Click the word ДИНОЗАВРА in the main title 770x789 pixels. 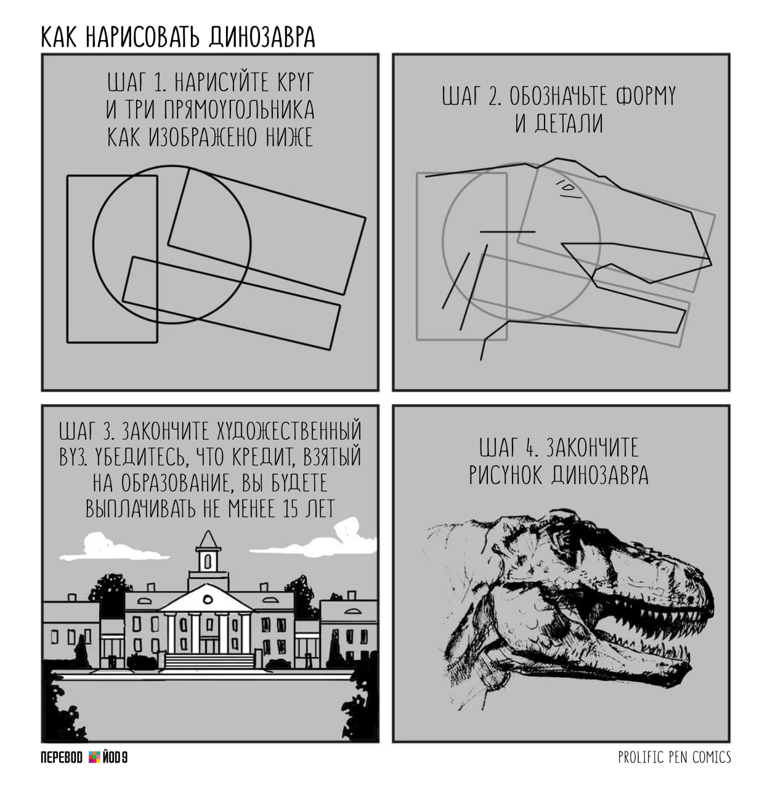point(262,38)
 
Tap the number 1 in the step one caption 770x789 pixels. point(160,83)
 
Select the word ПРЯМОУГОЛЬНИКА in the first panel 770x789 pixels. point(239,110)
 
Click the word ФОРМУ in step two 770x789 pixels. point(646,97)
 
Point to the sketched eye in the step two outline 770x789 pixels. point(568,189)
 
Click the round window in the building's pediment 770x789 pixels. point(208,599)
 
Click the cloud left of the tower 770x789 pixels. point(113,547)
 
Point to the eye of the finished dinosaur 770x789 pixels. point(563,540)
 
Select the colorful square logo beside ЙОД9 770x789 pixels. point(94,758)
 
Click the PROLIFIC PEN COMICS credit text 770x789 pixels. point(675,758)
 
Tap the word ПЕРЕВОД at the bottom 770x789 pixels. point(62,758)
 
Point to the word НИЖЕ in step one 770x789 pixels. point(290,137)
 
